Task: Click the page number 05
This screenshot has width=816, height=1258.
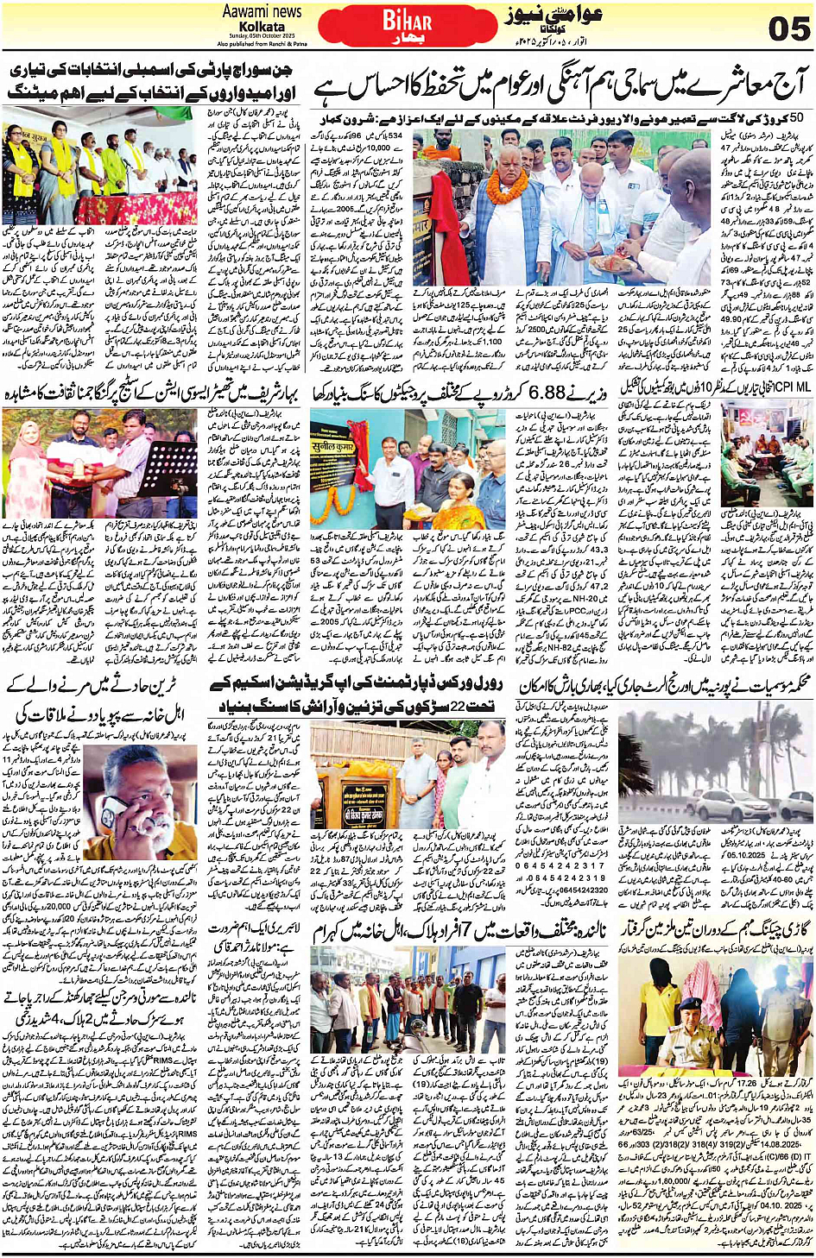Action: point(788,28)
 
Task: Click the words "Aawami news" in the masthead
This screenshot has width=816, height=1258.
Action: point(262,11)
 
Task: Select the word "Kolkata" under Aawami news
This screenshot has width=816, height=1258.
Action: point(262,26)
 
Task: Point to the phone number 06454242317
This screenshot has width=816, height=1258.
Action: point(560,865)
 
